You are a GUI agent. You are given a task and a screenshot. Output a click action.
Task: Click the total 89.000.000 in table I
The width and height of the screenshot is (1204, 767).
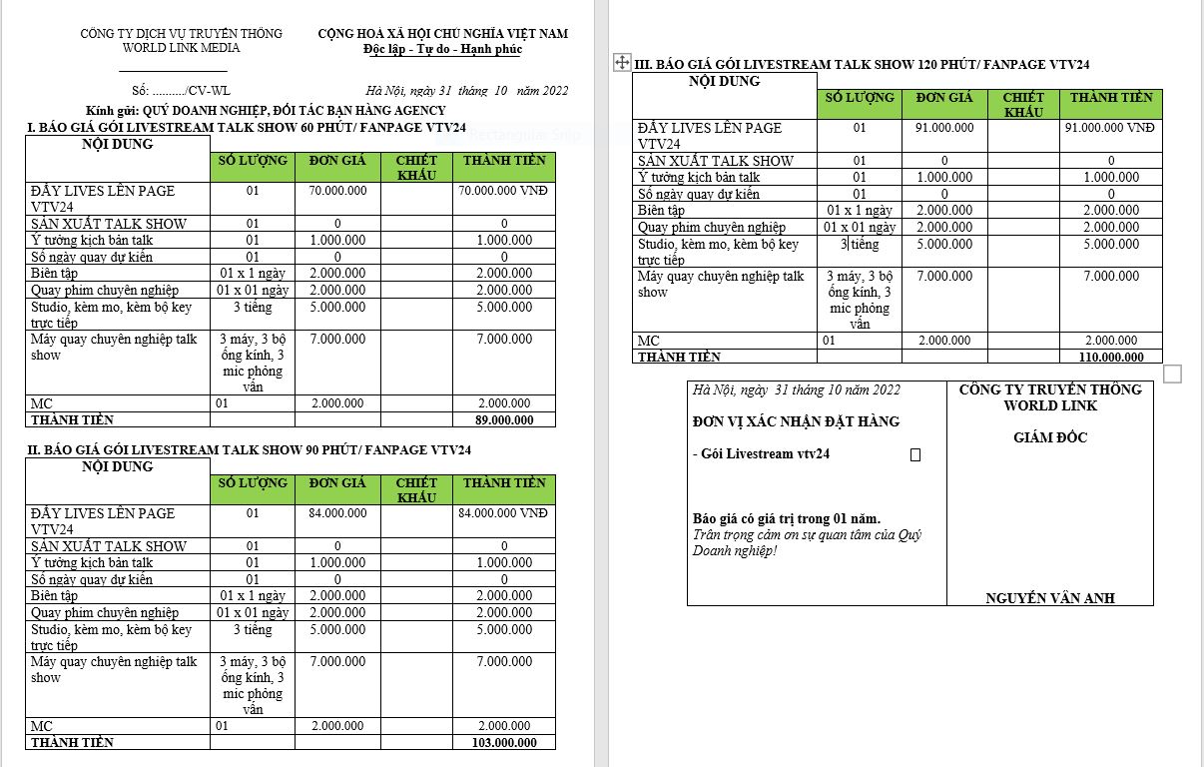(504, 420)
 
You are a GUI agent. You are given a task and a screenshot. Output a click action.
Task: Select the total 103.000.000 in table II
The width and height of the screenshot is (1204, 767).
(504, 743)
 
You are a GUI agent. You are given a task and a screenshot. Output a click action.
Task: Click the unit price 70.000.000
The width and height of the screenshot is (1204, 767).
(337, 191)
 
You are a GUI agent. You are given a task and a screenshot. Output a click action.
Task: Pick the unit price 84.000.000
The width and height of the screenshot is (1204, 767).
(337, 513)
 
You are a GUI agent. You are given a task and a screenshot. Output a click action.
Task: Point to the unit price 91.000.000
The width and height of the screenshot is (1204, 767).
(944, 128)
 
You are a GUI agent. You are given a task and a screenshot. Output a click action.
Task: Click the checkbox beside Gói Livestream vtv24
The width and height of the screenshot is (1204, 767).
(915, 455)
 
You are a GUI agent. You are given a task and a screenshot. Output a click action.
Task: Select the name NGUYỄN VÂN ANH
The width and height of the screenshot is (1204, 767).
(1050, 598)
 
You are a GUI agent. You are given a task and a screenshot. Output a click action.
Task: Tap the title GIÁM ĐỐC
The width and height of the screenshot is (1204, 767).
(1050, 437)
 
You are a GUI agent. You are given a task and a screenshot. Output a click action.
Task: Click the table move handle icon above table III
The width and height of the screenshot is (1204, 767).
(621, 63)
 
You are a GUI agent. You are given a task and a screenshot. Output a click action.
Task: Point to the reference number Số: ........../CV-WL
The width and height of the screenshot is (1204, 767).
(174, 91)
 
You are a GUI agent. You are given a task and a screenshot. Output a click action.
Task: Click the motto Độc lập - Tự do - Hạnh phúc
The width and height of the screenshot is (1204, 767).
(443, 49)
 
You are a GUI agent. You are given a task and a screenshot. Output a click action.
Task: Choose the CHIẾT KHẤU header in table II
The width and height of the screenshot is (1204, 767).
(416, 489)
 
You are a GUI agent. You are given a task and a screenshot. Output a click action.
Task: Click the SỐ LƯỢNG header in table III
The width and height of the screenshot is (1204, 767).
(860, 98)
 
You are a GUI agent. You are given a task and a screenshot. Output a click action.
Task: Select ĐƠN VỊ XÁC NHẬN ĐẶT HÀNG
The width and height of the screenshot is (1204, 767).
(796, 421)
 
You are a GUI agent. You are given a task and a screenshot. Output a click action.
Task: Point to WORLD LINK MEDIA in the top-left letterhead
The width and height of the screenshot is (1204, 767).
(181, 48)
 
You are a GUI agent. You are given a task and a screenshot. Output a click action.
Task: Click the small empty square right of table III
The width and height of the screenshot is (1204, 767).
(1173, 374)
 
